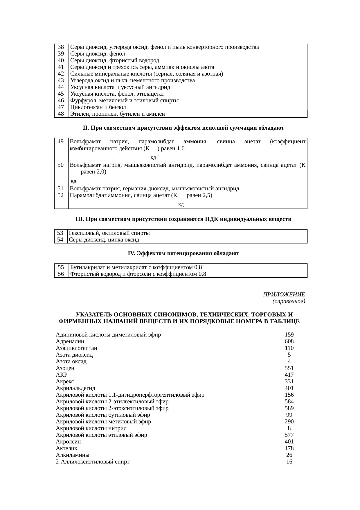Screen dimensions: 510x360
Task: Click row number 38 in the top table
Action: (x=61, y=47)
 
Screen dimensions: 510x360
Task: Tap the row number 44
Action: (x=61, y=87)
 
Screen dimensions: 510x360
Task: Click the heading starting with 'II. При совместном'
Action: (x=183, y=128)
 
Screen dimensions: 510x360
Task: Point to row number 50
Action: (x=61, y=165)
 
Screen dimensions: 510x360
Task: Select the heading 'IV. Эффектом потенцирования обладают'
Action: (x=183, y=253)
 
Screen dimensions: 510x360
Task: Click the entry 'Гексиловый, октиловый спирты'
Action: (x=110, y=233)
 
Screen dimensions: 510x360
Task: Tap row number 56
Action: (x=61, y=274)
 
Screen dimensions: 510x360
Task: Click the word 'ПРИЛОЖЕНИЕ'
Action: (x=284, y=295)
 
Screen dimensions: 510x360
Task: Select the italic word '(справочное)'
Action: (x=289, y=301)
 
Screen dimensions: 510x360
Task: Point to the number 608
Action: (x=289, y=341)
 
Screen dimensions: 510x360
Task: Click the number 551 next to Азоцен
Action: (x=289, y=368)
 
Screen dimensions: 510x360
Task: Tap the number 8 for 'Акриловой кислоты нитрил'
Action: (x=289, y=428)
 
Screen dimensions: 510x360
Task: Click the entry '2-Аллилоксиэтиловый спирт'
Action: (x=93, y=461)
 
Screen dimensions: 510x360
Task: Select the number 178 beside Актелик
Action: (x=289, y=448)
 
